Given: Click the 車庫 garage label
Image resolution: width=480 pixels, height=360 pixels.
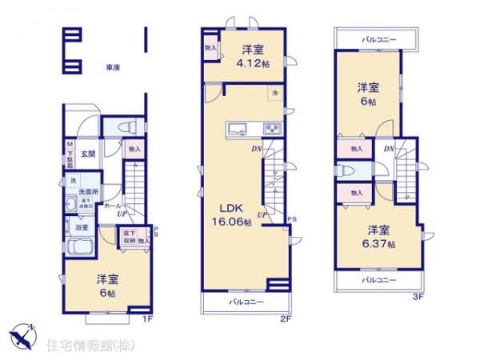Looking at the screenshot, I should pyautogui.click(x=111, y=68).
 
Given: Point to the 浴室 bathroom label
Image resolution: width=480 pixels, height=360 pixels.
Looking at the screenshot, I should pyautogui.click(x=82, y=227).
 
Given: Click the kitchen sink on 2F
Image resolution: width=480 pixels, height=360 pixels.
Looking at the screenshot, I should pyautogui.click(x=239, y=129).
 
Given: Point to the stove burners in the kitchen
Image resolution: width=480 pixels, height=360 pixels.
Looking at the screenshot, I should pyautogui.click(x=271, y=128).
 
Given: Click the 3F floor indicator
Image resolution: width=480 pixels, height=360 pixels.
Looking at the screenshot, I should pyautogui.click(x=416, y=296).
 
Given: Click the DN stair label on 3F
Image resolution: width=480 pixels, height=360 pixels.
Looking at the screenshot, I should pyautogui.click(x=388, y=149).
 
